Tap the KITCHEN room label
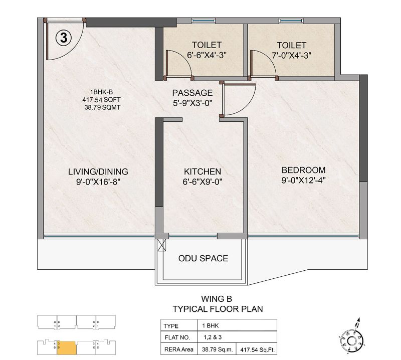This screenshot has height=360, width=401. (202, 171)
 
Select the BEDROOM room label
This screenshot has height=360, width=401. (303, 170)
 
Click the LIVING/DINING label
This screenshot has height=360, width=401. (98, 171)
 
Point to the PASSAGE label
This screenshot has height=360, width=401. (192, 93)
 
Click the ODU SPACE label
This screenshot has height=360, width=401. (203, 259)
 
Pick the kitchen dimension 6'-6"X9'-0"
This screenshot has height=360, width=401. (202, 182)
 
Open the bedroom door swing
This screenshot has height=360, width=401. (232, 101)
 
